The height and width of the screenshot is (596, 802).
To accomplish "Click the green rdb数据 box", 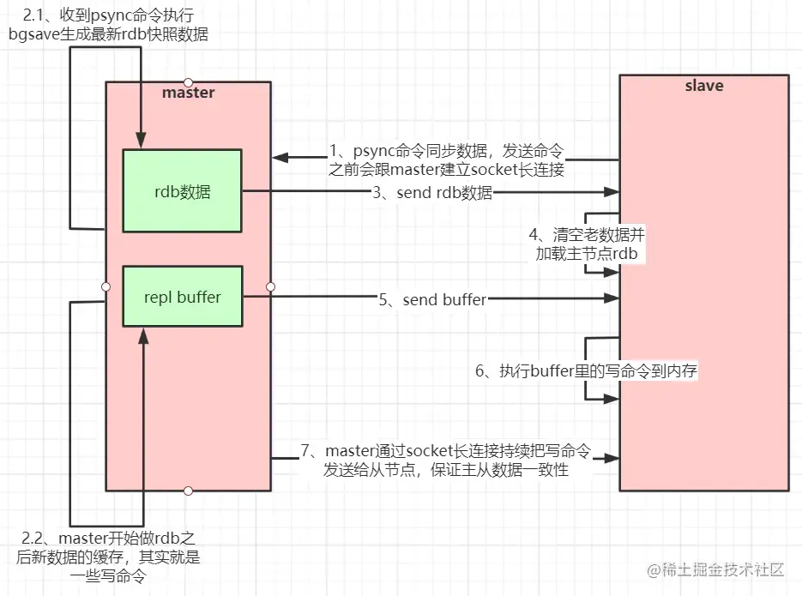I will tap(183, 191).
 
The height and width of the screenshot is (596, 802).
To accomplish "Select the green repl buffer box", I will tap(183, 298).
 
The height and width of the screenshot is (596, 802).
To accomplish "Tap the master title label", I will tap(189, 92).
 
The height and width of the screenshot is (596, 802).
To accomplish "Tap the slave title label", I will tap(703, 86).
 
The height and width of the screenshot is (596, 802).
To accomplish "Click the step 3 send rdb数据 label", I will tap(432, 193).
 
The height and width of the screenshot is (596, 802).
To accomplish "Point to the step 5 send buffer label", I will tap(432, 299).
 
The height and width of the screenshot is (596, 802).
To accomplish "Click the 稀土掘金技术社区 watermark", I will tap(715, 570).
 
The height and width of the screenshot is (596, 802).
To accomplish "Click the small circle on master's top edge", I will tap(188, 82).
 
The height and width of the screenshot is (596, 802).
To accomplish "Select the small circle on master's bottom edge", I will tap(188, 491).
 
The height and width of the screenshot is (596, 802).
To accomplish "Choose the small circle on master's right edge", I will tap(270, 286).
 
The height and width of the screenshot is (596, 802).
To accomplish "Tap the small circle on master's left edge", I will tap(106, 286).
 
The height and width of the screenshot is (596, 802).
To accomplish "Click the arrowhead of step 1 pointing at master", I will tap(279, 158).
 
